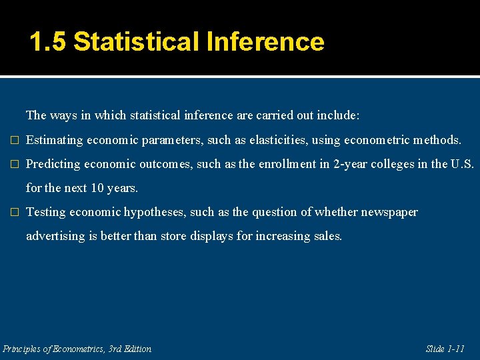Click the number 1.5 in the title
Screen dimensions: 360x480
click(48, 42)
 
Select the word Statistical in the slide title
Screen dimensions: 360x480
click(137, 42)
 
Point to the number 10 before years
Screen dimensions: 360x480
click(97, 188)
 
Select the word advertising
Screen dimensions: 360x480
click(52, 236)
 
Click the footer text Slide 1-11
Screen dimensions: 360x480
click(445, 349)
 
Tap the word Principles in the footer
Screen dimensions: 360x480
click(23, 349)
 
